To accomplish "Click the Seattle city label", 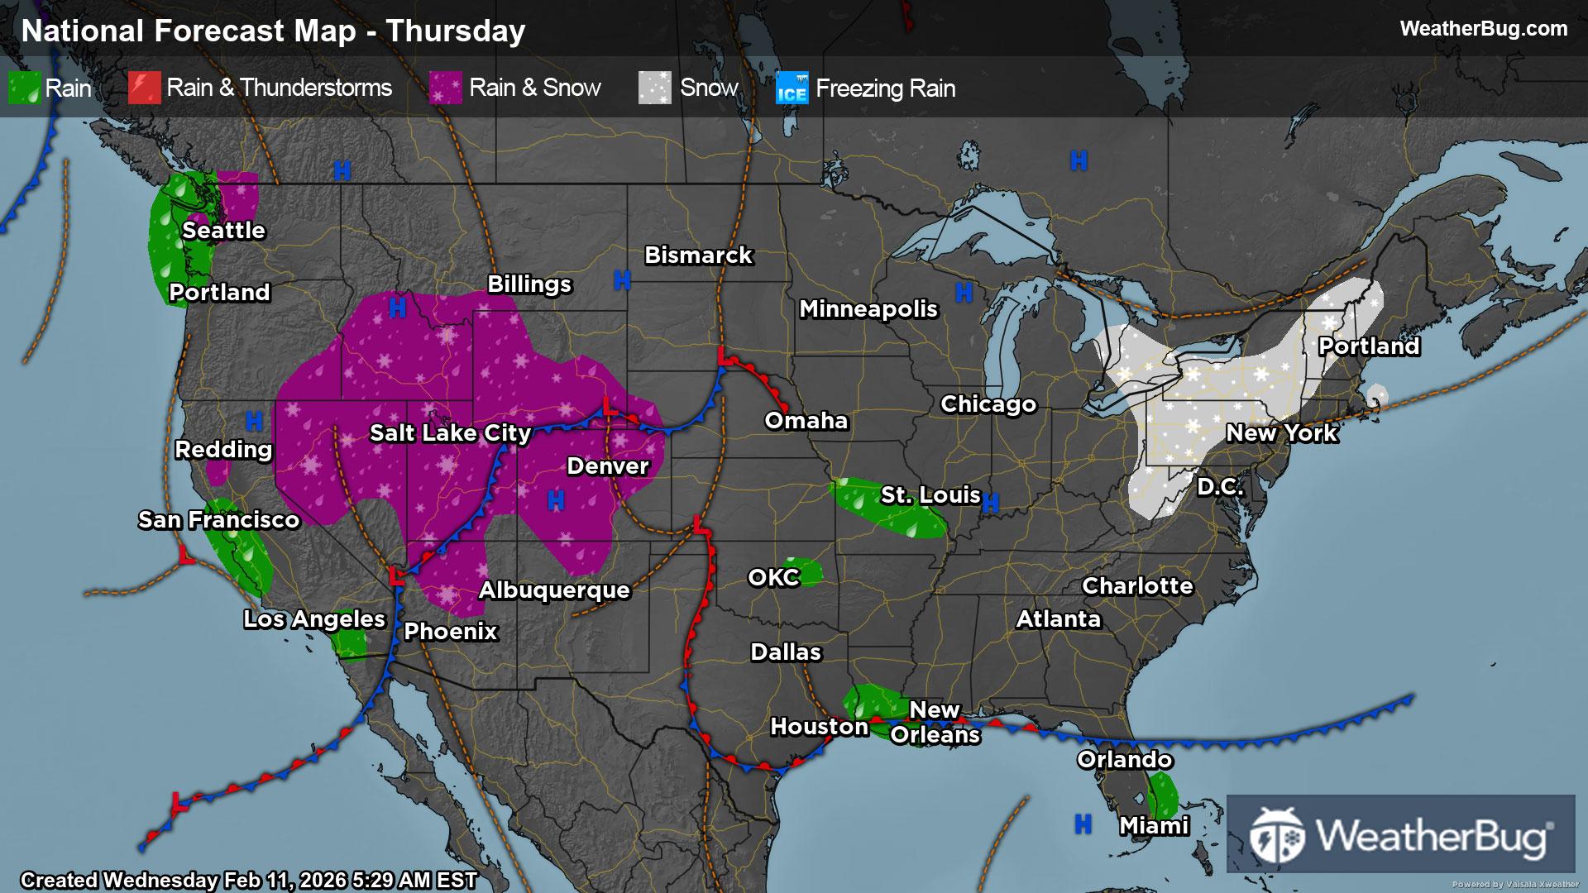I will tap(223, 231).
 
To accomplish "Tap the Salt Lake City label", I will tap(450, 433).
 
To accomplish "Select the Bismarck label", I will tap(698, 255).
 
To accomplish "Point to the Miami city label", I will tap(1154, 826).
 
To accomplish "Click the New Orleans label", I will tap(935, 723).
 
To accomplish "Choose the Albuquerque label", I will tap(554, 590).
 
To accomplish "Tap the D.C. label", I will tap(1220, 487).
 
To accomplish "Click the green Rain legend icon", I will tap(24, 88).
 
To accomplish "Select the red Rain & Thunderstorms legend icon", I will tap(144, 88).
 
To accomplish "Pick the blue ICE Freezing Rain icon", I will tap(792, 88).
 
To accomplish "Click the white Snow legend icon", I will tap(654, 88).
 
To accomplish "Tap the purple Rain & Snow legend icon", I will tap(446, 88).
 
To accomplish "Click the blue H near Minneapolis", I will tap(964, 292).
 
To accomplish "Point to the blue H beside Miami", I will tap(1083, 824).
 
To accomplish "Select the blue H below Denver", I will tap(556, 500).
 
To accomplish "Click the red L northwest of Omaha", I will tap(725, 357).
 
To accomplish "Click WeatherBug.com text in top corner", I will tap(1483, 29).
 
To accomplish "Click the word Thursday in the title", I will tap(455, 31).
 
